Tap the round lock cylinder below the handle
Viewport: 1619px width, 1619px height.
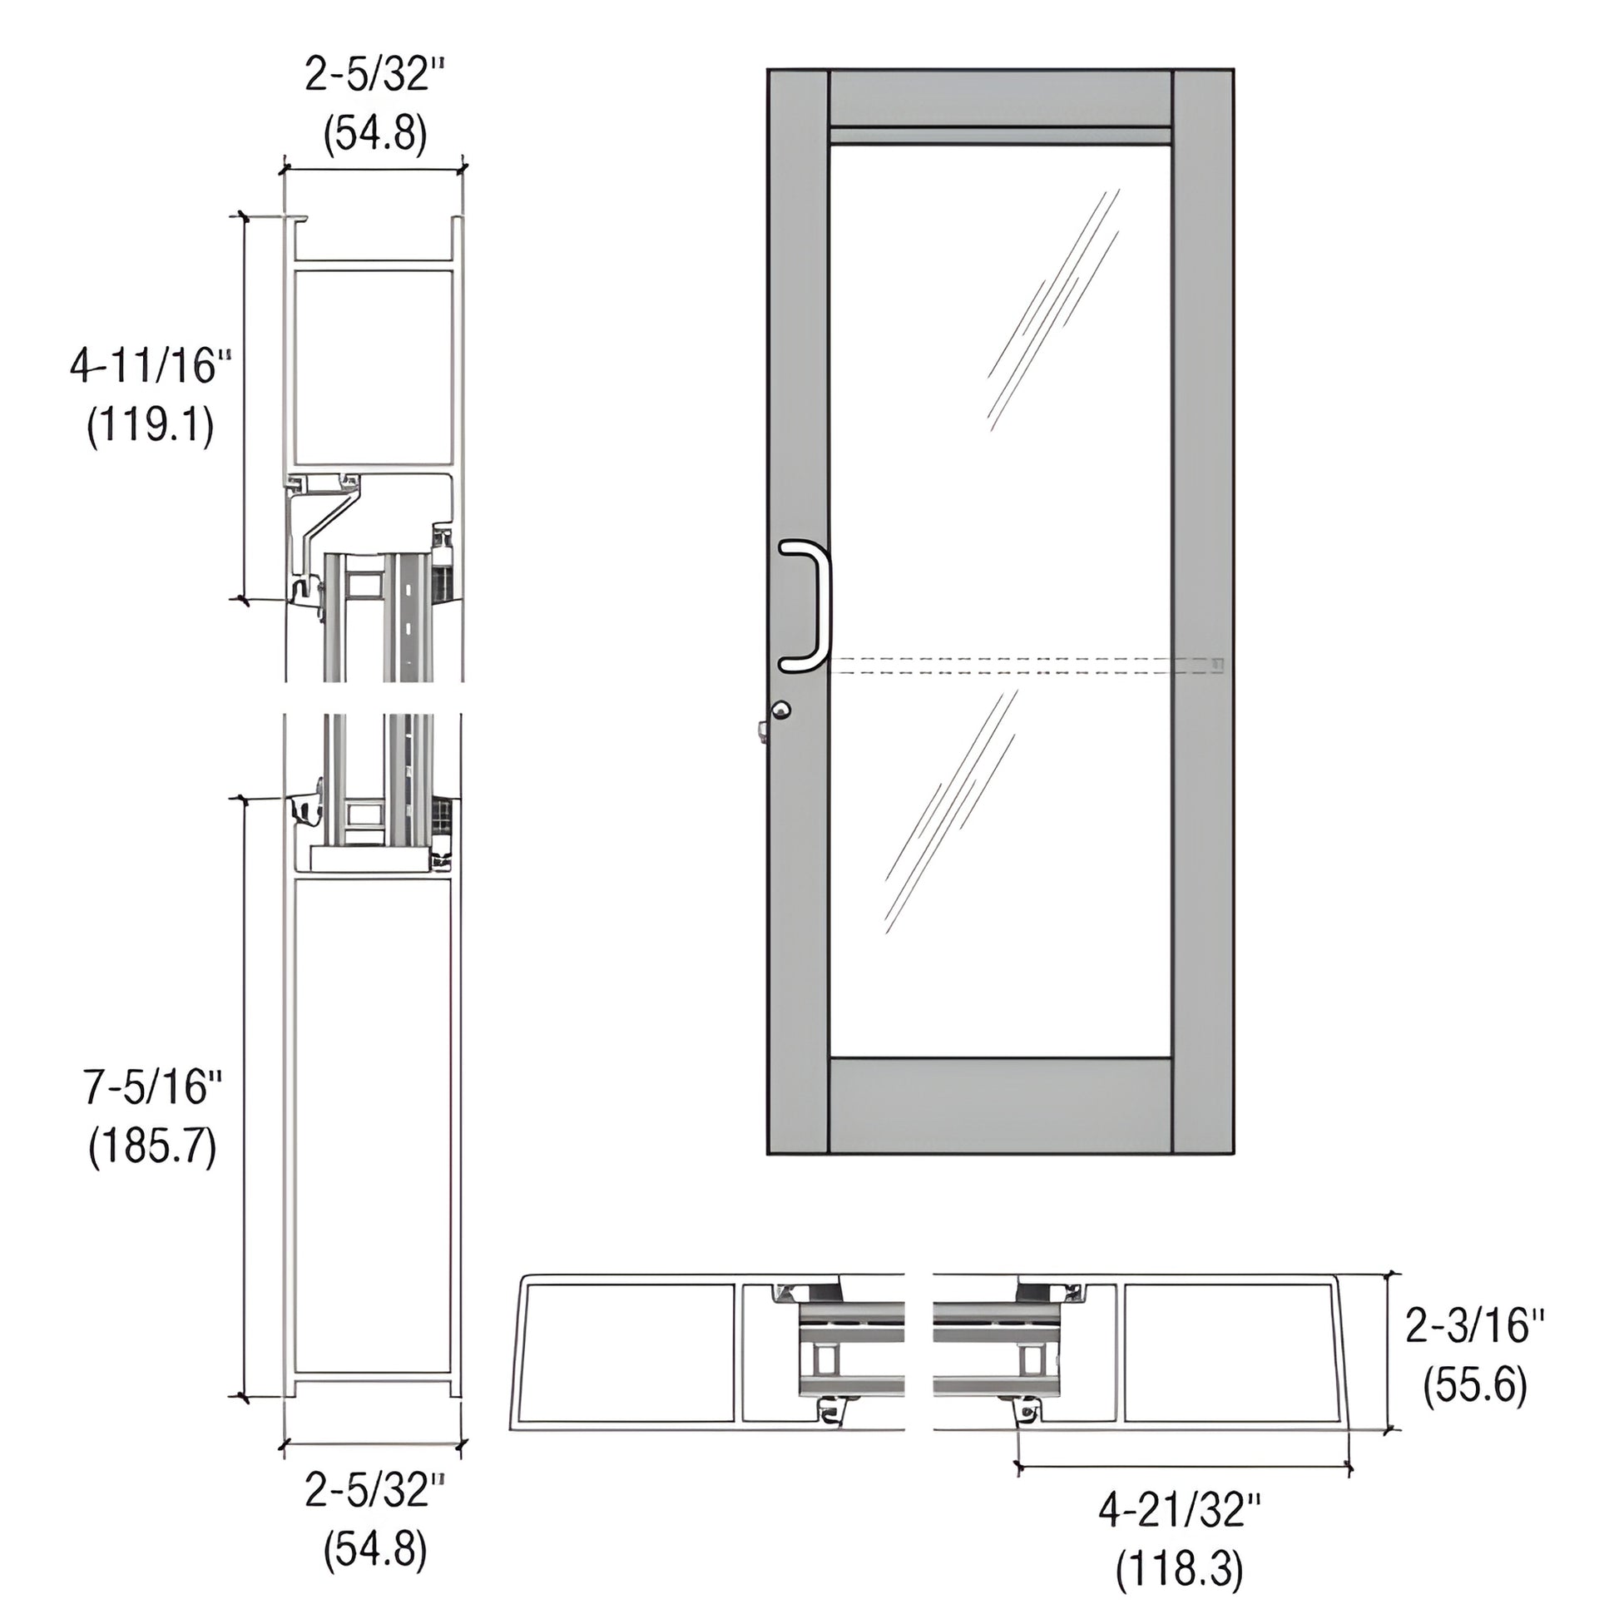pyautogui.click(x=781, y=710)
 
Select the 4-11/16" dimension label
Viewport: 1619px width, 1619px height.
pyautogui.click(x=150, y=366)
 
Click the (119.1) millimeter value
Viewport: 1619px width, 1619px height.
pyautogui.click(x=151, y=427)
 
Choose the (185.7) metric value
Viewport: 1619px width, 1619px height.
pyautogui.click(x=152, y=1146)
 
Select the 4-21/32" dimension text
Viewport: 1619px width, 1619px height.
pyautogui.click(x=1179, y=1511)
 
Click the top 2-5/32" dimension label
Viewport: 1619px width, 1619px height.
pyautogui.click(x=374, y=76)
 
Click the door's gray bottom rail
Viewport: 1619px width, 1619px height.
pyautogui.click(x=1000, y=1106)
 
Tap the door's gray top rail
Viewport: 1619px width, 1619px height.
pyautogui.click(x=1000, y=98)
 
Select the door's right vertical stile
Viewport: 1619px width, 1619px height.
pyautogui.click(x=1202, y=611)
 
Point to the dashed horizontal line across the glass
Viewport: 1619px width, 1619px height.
pyautogui.click(x=1006, y=666)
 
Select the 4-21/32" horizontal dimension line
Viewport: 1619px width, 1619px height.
pyautogui.click(x=1181, y=1467)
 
